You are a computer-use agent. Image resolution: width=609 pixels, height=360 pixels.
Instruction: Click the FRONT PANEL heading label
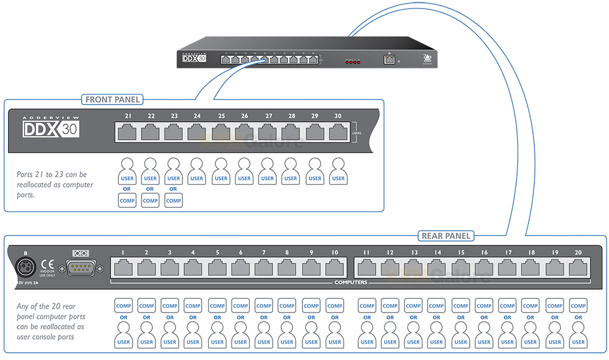[x=112, y=100]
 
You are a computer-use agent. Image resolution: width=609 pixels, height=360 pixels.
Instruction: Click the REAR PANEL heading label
[x=446, y=236]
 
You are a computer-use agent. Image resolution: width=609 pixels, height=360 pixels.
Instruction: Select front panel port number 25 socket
[x=221, y=132]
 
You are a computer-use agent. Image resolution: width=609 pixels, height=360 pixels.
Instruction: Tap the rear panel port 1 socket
[x=123, y=268]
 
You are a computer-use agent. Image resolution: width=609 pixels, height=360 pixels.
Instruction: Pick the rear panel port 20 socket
[x=578, y=268]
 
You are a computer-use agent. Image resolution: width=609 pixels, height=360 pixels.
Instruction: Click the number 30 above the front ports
[x=338, y=116]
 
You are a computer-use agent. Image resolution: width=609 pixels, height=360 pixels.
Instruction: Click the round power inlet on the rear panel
[x=26, y=266]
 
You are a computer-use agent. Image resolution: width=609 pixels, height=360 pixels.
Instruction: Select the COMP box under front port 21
[x=127, y=201]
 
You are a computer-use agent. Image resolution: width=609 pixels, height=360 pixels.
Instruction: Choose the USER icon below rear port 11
[x=367, y=336]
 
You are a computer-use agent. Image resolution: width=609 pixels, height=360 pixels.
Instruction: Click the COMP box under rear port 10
[x=334, y=306]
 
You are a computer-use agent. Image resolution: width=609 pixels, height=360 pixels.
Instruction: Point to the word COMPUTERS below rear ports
[x=350, y=282]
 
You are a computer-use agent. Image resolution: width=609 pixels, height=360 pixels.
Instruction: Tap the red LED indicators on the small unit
[x=352, y=62]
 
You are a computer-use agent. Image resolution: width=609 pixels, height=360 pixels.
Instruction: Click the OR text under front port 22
[x=150, y=189]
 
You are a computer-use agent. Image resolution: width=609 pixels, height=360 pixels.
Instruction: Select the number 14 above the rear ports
[x=437, y=253]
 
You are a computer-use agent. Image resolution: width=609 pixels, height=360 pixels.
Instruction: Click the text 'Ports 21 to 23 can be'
[x=52, y=175]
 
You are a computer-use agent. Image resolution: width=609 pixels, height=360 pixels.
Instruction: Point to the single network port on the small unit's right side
[x=389, y=59]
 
